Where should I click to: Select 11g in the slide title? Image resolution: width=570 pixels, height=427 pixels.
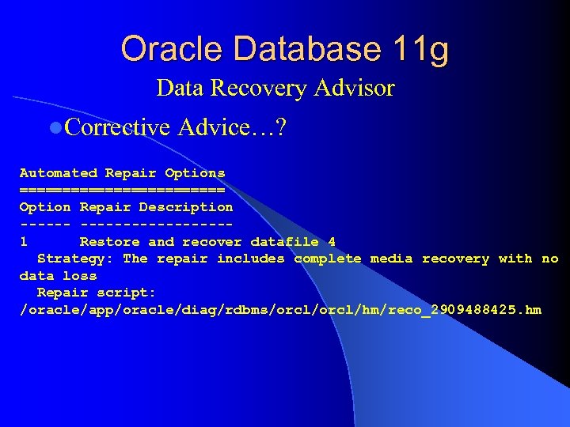[419, 51]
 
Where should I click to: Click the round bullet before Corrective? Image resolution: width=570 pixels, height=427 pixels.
[54, 127]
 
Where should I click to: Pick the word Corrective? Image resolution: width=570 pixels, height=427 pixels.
[118, 127]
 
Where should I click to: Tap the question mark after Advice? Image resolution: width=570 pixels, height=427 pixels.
[279, 127]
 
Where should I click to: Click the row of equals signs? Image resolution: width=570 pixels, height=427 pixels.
[122, 190]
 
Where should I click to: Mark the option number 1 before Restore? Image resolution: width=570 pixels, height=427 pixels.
[25, 241]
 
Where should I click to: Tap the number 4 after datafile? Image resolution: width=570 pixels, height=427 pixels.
[332, 241]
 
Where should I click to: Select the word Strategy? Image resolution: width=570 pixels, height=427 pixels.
[75, 259]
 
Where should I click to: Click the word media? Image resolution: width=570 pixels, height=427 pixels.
[391, 259]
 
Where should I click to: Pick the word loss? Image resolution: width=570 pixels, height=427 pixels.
[80, 276]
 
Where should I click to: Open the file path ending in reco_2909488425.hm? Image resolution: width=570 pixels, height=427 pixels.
[280, 310]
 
